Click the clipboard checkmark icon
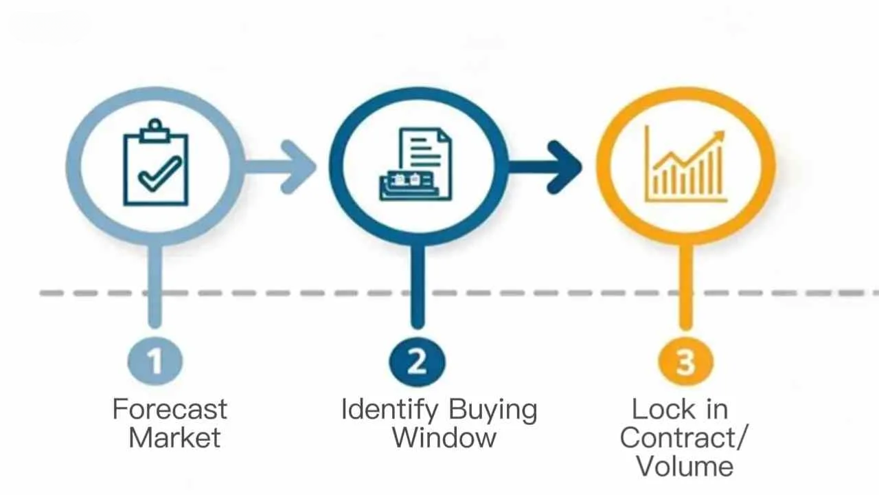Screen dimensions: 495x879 (x=156, y=166)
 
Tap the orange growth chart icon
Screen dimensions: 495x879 (x=685, y=165)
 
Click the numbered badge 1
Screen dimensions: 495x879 (x=155, y=361)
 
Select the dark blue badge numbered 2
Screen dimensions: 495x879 (x=417, y=361)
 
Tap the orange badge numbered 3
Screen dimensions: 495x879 (x=685, y=361)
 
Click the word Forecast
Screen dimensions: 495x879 (x=170, y=410)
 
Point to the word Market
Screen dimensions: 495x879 (x=174, y=438)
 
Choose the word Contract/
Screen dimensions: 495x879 (x=684, y=438)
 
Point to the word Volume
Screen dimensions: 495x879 (x=685, y=466)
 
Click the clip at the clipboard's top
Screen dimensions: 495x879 (x=156, y=129)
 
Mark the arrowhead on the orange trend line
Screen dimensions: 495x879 (x=718, y=137)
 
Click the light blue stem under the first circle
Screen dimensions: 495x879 (x=155, y=282)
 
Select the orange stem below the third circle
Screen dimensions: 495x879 (x=685, y=282)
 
